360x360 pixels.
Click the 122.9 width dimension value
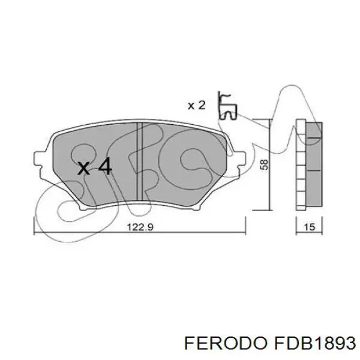[x=140, y=227]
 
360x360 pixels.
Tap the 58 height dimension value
[x=265, y=164]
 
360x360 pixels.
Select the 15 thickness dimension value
[x=309, y=227]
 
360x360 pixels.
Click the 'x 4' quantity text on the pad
[x=95, y=167]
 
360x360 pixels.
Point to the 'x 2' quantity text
[x=197, y=106]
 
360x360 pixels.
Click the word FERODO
[x=226, y=343]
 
